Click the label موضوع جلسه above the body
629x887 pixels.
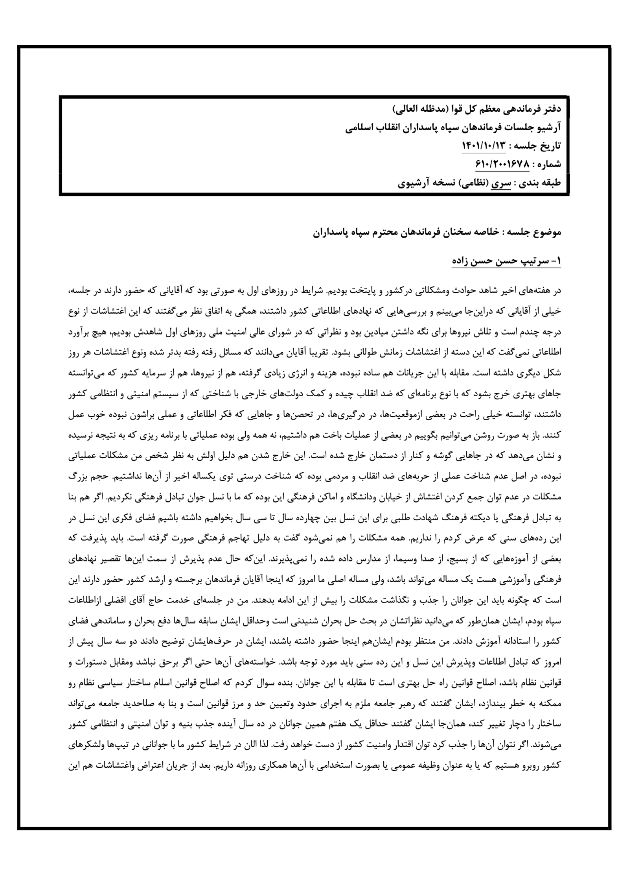click(x=537, y=233)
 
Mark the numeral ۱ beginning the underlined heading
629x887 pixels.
click(x=557, y=261)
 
